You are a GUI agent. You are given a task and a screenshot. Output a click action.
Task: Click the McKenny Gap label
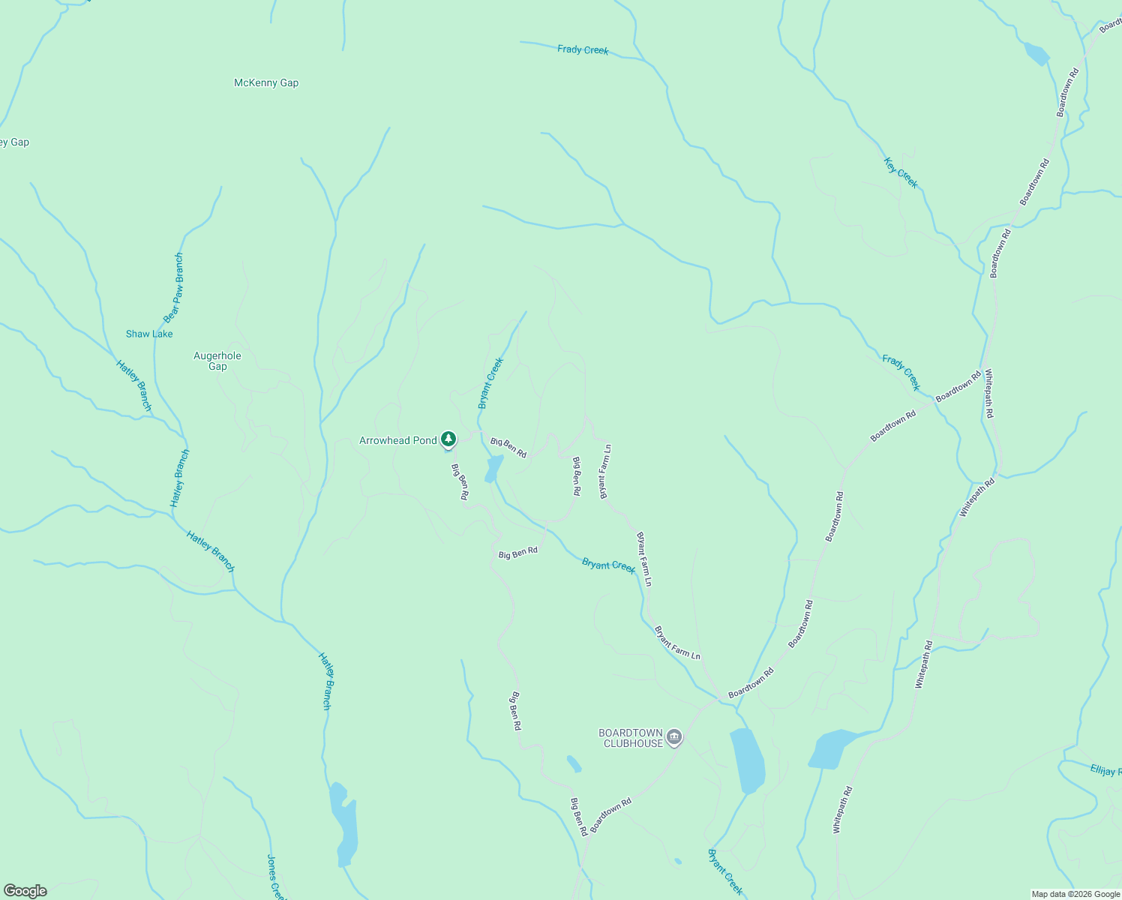point(266,83)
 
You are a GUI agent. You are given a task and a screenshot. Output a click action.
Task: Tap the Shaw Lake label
point(149,334)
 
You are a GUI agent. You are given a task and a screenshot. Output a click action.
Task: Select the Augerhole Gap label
point(217,361)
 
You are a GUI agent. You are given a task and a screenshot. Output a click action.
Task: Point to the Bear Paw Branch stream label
point(174,287)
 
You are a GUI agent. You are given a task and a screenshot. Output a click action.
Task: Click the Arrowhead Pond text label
point(397,440)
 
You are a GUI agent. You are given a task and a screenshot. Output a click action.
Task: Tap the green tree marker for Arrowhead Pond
point(448,439)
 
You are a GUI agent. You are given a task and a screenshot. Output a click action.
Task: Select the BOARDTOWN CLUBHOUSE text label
point(631,738)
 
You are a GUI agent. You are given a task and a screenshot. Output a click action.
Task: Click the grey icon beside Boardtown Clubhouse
point(673,738)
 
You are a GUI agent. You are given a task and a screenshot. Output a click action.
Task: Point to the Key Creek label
point(900,173)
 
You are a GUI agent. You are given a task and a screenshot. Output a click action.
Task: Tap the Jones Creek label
point(276,876)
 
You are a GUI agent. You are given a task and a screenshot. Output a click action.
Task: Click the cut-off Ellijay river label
point(1105,770)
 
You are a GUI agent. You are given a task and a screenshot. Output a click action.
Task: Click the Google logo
point(25,890)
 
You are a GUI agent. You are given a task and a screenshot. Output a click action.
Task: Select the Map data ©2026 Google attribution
point(1075,894)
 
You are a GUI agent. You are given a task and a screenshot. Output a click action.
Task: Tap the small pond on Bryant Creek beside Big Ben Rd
point(493,469)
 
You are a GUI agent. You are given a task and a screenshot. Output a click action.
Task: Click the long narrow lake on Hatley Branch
point(345,824)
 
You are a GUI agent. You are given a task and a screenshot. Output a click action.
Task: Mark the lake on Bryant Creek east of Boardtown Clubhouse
point(748,760)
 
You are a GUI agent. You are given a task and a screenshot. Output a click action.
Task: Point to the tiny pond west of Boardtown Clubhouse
point(574,763)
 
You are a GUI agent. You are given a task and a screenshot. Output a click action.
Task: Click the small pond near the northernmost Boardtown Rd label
point(1036,54)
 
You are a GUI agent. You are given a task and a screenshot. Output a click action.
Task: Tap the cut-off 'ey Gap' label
point(14,142)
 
